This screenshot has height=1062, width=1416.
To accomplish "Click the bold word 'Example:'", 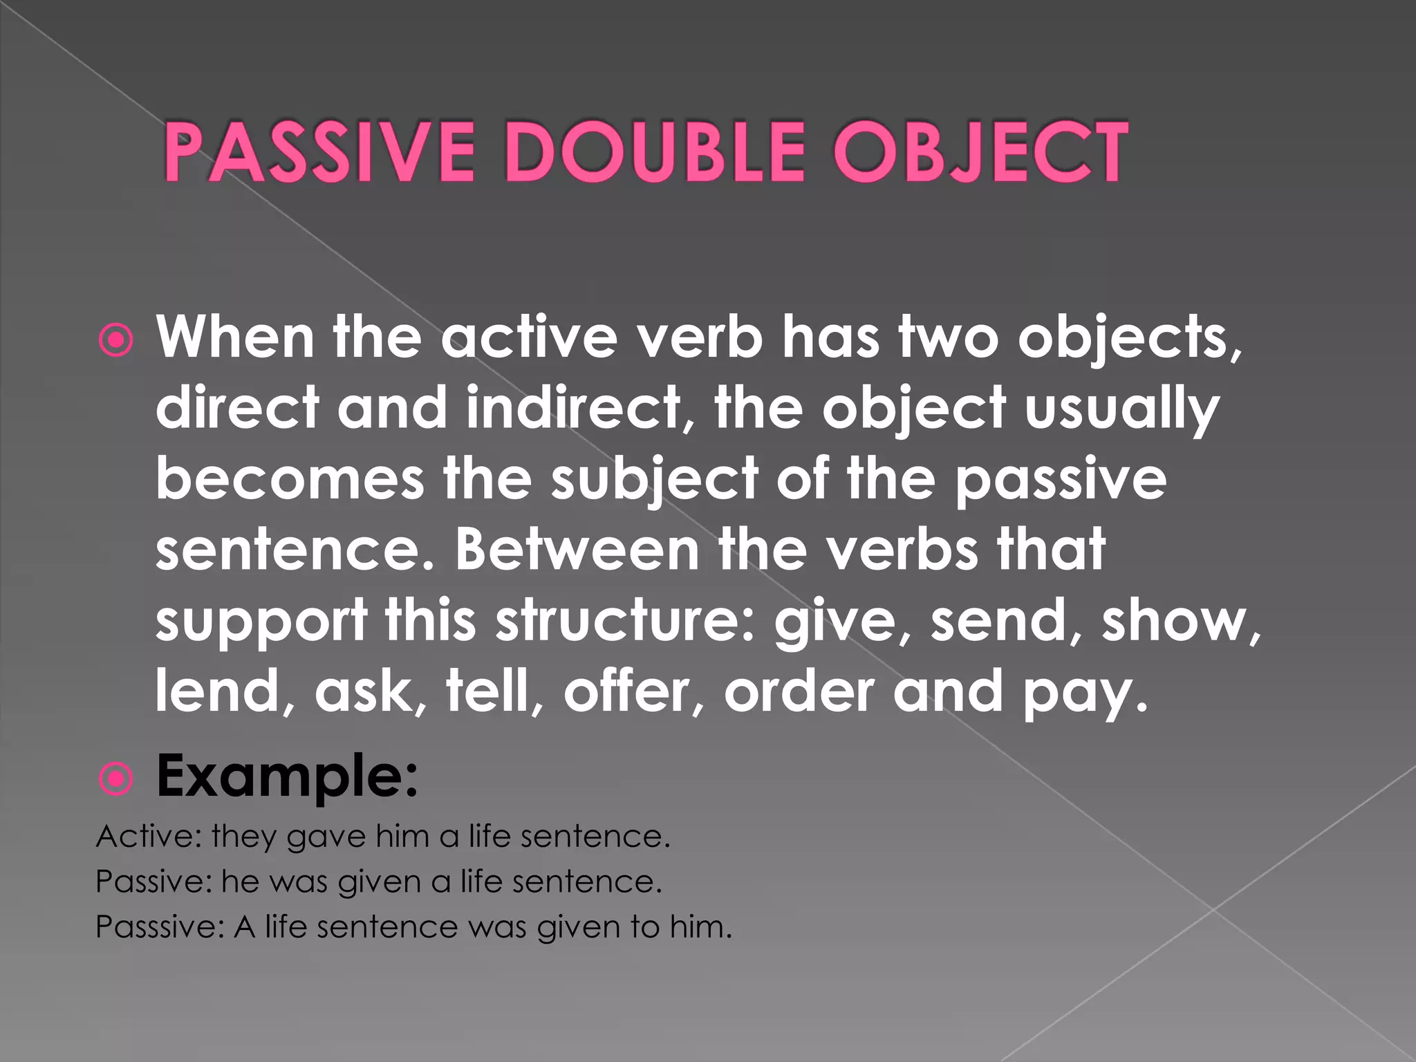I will (287, 776).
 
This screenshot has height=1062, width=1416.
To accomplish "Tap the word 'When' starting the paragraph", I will (235, 337).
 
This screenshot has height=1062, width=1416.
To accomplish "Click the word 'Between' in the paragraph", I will (577, 550).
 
